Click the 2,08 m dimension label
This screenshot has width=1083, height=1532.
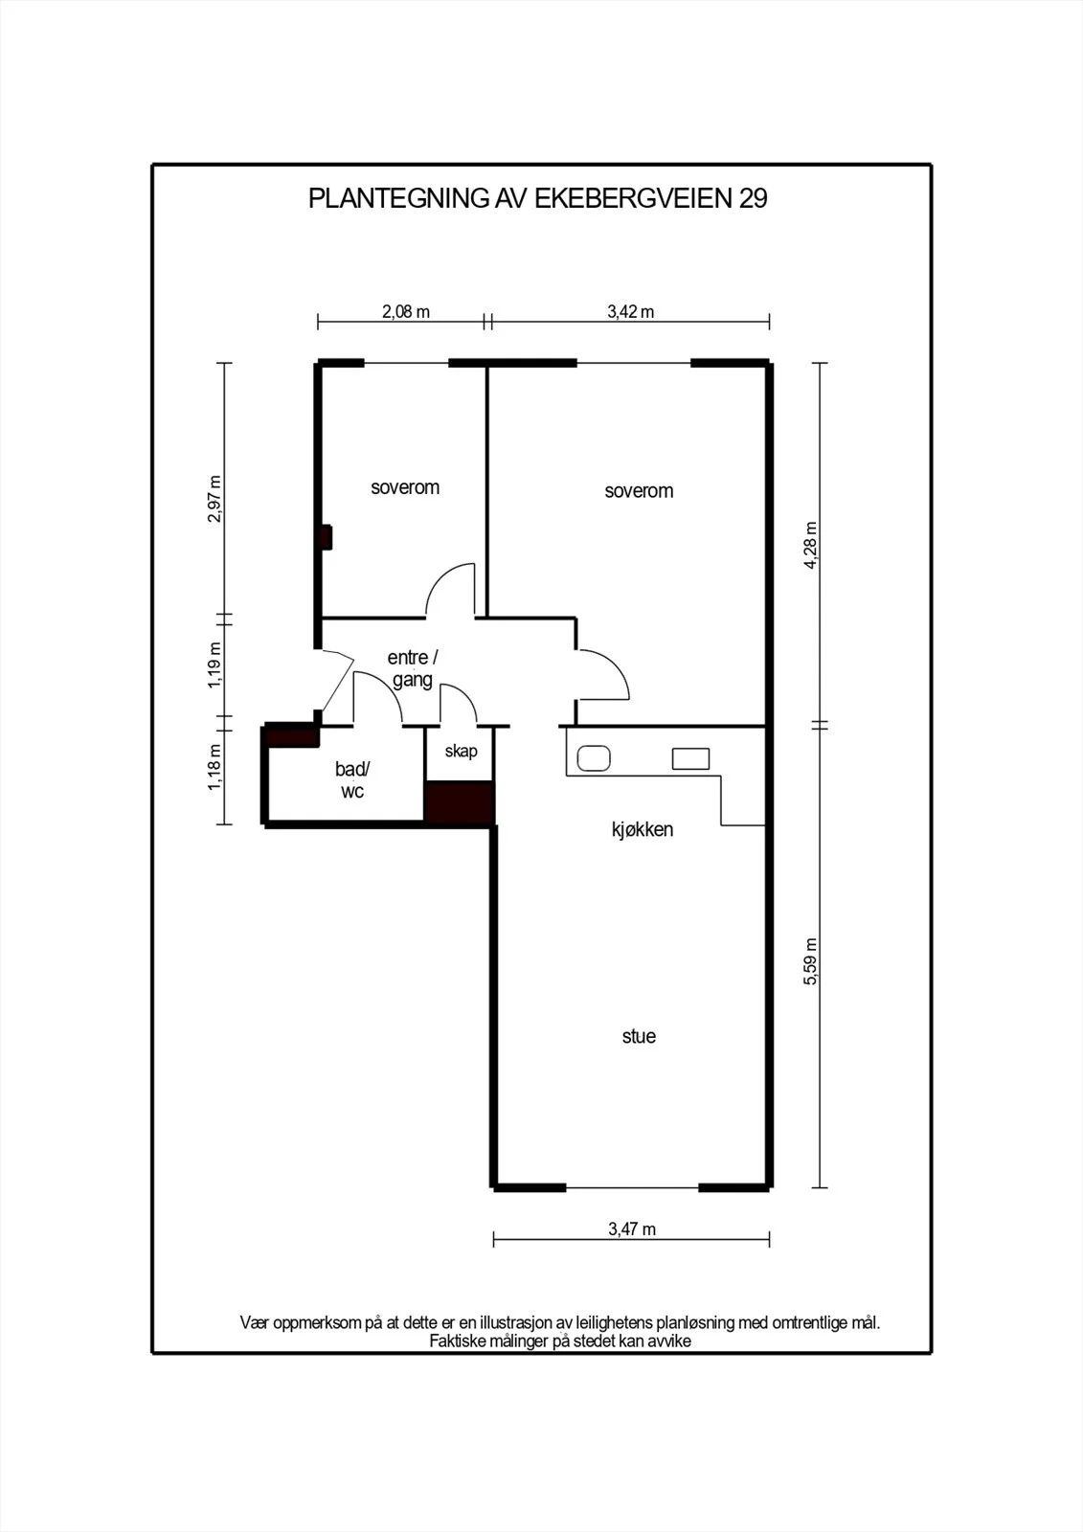[x=406, y=312]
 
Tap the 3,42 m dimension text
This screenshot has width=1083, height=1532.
[x=631, y=312]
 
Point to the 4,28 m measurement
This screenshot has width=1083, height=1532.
[x=811, y=545]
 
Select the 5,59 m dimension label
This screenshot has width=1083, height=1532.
[x=811, y=961]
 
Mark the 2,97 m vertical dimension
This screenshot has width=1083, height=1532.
[x=214, y=499]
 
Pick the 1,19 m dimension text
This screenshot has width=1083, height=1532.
[x=214, y=665]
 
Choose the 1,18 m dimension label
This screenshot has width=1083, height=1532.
[x=214, y=767]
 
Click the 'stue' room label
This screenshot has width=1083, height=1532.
[x=639, y=1036]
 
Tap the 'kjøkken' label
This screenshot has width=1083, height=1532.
[x=643, y=829]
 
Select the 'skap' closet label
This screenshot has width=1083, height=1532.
[x=462, y=752]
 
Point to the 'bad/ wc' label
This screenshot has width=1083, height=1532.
[x=352, y=780]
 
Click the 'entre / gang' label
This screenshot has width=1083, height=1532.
[x=413, y=669]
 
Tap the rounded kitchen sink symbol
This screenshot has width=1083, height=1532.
[x=594, y=758]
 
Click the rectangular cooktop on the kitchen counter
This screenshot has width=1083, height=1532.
[x=691, y=758]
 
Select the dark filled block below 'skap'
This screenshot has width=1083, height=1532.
[x=460, y=802]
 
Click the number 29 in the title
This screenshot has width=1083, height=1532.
[x=753, y=198]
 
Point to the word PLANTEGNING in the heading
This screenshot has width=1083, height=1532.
[x=398, y=198]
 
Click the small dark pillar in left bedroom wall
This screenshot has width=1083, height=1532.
[x=327, y=537]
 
